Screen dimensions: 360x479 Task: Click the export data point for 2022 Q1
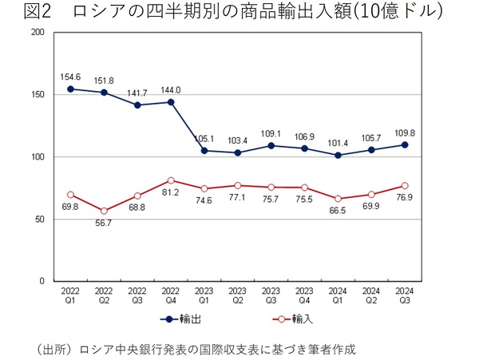click(70, 89)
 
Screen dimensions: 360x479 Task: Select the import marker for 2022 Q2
click(104, 211)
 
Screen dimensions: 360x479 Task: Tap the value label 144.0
click(172, 90)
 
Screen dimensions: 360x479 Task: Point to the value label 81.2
click(170, 193)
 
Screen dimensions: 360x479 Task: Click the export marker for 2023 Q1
click(204, 150)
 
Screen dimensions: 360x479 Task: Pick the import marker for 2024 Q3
click(405, 185)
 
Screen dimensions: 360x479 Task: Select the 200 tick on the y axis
click(37, 33)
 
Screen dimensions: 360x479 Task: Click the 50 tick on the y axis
click(39, 220)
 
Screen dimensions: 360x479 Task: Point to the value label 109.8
click(406, 132)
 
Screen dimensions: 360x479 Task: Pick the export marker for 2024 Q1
click(338, 155)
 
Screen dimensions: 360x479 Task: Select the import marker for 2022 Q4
click(171, 180)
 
